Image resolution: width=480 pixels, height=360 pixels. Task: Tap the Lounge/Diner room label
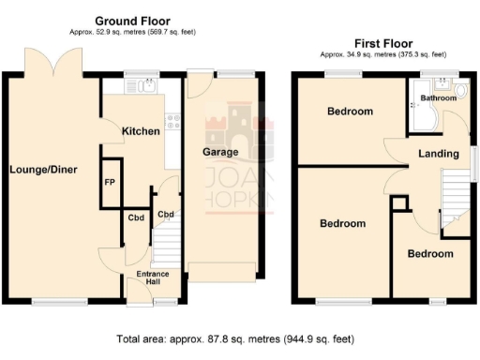(x=43, y=170)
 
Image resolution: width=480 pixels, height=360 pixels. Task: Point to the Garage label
(x=221, y=152)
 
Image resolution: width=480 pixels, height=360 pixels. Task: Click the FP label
(x=110, y=182)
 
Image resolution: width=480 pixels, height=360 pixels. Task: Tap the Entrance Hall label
(x=153, y=278)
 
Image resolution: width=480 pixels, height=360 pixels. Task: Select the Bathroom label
(x=438, y=97)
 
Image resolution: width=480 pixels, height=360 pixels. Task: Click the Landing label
(x=439, y=154)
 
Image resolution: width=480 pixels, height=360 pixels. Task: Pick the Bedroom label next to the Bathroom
(x=350, y=112)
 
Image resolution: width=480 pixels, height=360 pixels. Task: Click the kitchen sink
(x=144, y=87)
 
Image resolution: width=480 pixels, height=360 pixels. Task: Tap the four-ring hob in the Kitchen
(x=172, y=119)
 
